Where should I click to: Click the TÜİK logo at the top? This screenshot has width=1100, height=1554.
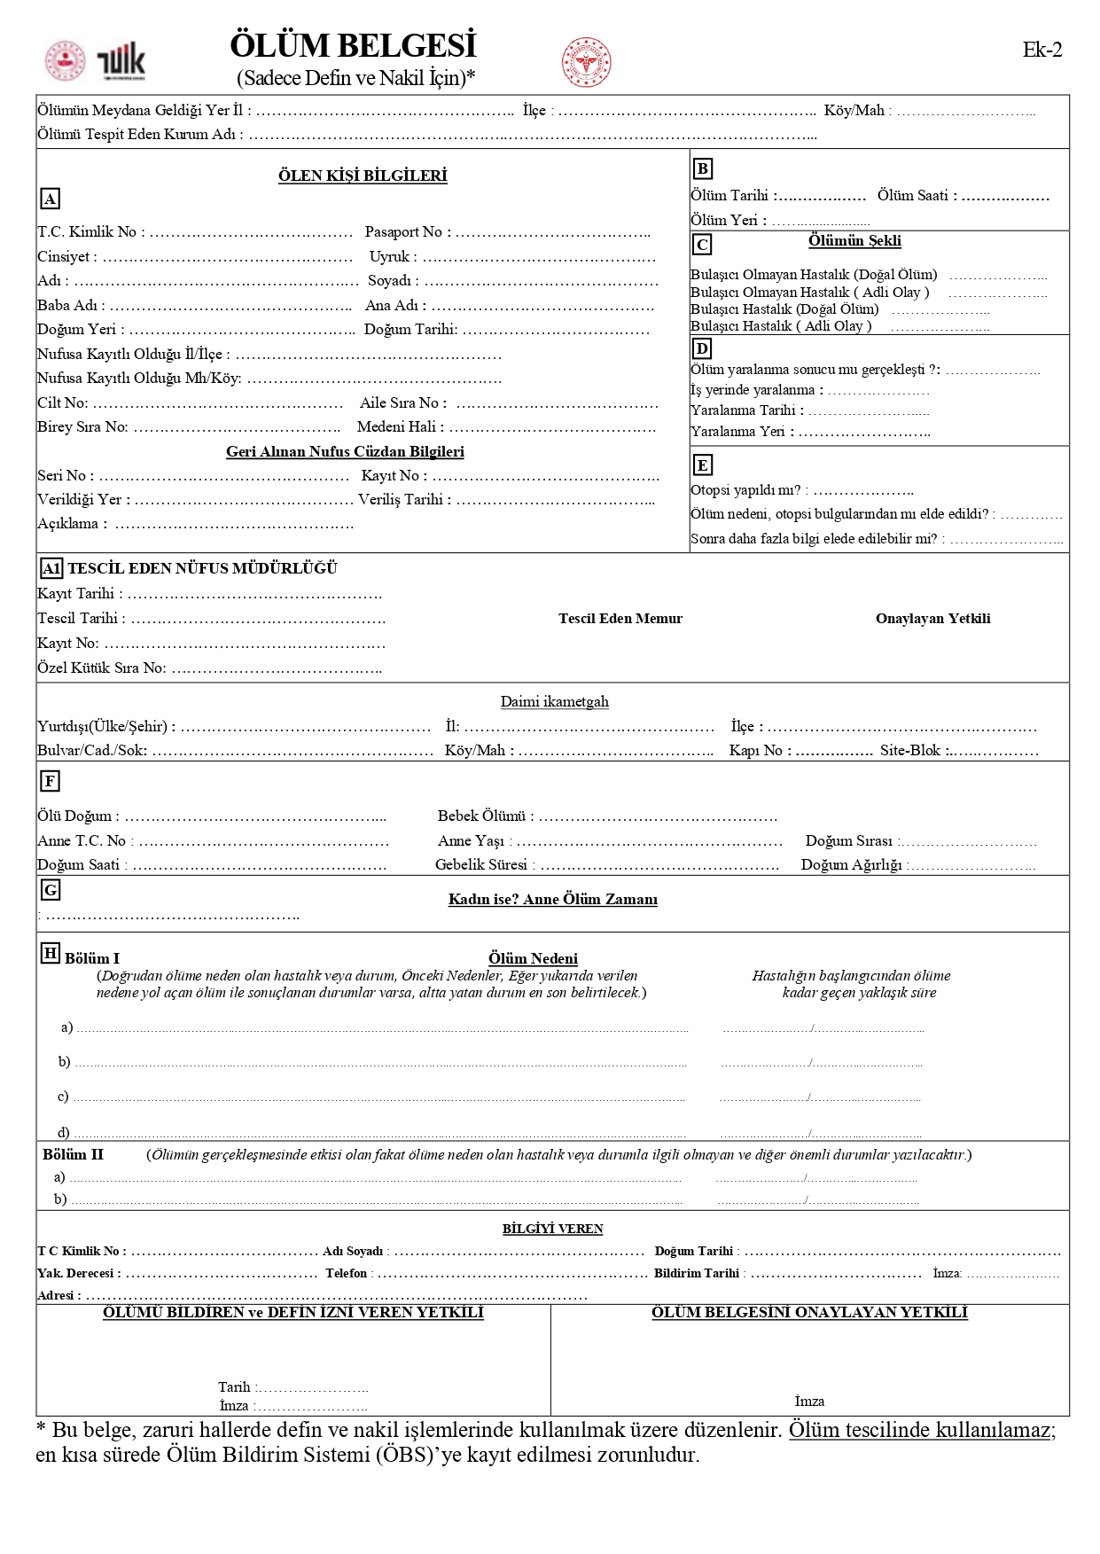coord(121,62)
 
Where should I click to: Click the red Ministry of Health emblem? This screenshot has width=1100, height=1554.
coord(586,62)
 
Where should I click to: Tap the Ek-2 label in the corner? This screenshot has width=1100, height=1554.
coord(1041,50)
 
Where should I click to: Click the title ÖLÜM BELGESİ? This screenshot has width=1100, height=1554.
coord(353,45)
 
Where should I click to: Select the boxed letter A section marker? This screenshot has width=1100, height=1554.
coord(51,199)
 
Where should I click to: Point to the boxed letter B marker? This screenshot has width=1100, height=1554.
coord(702,168)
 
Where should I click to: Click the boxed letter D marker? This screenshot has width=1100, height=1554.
coord(702,348)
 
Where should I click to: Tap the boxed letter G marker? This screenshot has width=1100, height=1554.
coord(51,889)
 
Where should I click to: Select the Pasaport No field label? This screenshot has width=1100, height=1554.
coord(407,232)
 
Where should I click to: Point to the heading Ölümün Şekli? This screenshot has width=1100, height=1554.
coord(854,240)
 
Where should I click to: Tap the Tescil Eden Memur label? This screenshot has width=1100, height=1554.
coord(620,619)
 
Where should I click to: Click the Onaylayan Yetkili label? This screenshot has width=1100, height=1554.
coord(932,619)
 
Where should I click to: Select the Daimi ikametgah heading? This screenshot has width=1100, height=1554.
coord(554,702)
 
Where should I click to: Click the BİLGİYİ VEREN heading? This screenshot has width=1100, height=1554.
coord(552,1229)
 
